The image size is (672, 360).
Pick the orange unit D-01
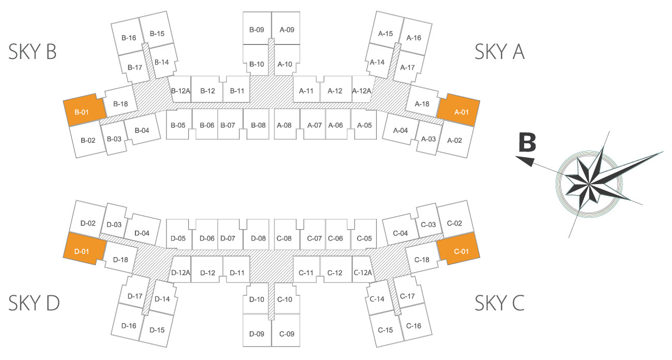click(83, 251)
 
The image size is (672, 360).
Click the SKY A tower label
click(499, 52)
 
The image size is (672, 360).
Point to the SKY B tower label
click(32, 52)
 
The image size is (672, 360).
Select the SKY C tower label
click(499, 303)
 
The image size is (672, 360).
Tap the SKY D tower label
click(34, 303)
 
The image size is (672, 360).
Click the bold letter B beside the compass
click(527, 143)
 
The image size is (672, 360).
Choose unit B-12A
click(180, 91)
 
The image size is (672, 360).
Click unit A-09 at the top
click(287, 30)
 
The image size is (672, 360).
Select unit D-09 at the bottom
click(257, 334)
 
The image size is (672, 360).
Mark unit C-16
click(414, 326)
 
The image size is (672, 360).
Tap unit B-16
click(129, 38)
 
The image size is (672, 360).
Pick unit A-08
click(284, 125)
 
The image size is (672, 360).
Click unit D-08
click(258, 238)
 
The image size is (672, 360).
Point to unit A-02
click(454, 140)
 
